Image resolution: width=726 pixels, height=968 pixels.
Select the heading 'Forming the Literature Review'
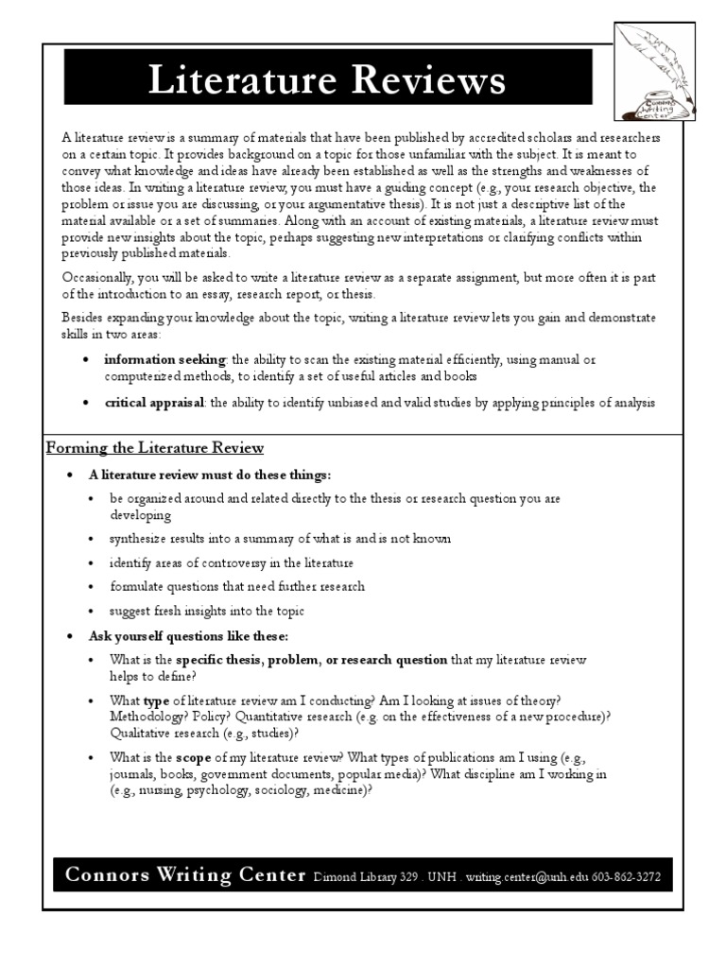(x=155, y=447)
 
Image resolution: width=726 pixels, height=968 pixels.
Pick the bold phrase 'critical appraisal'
(x=154, y=402)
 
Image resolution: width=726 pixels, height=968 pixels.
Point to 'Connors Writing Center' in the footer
(x=185, y=875)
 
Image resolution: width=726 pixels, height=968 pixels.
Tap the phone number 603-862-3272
(x=627, y=878)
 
